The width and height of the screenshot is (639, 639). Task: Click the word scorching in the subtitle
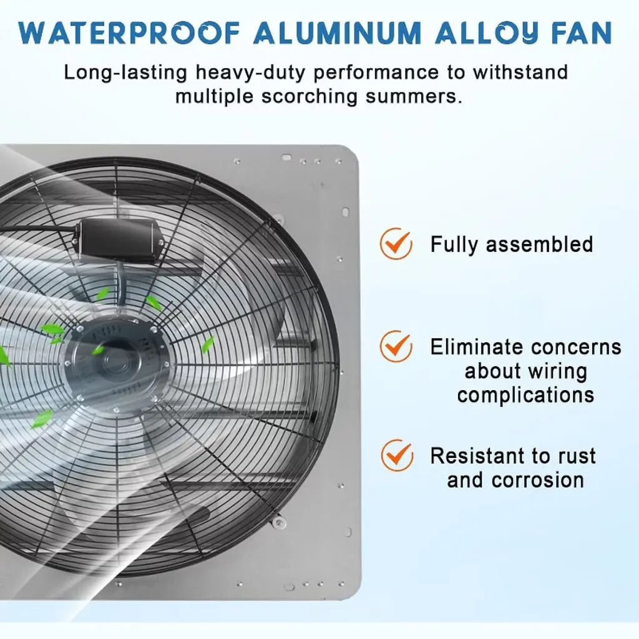point(310,97)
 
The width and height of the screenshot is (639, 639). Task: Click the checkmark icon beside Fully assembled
point(396,244)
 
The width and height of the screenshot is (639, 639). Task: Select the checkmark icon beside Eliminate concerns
point(396,346)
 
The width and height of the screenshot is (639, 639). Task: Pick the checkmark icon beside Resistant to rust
point(397,455)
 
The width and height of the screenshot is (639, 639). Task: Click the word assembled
point(540,244)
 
